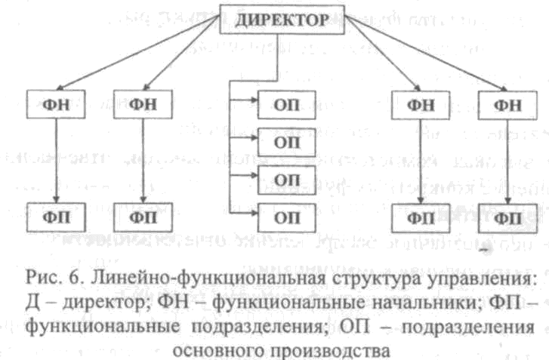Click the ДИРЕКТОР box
281,19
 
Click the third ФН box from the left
420,104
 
